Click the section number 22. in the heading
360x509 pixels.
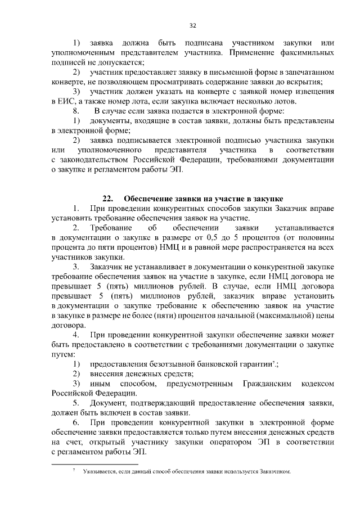(108, 199)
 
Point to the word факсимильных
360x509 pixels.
(306, 53)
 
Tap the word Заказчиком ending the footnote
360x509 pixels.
(274, 471)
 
